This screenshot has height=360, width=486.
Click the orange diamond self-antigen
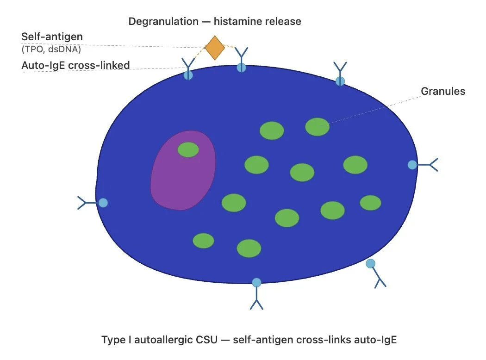[215, 47]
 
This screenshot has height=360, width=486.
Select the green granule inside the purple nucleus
[188, 149]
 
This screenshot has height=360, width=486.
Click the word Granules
[442, 91]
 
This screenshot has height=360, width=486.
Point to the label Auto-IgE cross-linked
[75, 66]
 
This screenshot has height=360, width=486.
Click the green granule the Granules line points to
[318, 126]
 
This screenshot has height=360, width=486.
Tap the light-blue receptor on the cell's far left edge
[103, 203]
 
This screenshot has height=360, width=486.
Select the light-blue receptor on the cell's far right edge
[412, 165]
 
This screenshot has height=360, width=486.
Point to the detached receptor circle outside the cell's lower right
[370, 263]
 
